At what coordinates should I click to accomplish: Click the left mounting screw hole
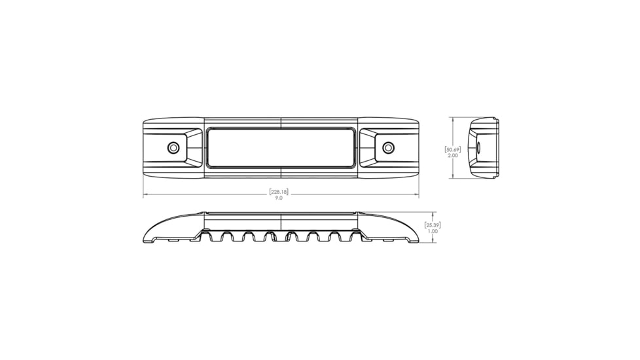point(173,147)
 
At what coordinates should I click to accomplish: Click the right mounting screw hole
point(388,147)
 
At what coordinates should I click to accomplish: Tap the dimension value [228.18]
point(279,192)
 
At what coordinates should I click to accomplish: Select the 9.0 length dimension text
point(279,198)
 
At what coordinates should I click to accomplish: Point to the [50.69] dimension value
point(453,150)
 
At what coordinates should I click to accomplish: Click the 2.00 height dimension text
point(453,156)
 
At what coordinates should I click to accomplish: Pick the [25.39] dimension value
point(433,225)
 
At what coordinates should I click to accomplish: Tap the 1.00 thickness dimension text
point(433,231)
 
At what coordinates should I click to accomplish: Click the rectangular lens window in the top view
point(281,147)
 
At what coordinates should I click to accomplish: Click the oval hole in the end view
point(478,147)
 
